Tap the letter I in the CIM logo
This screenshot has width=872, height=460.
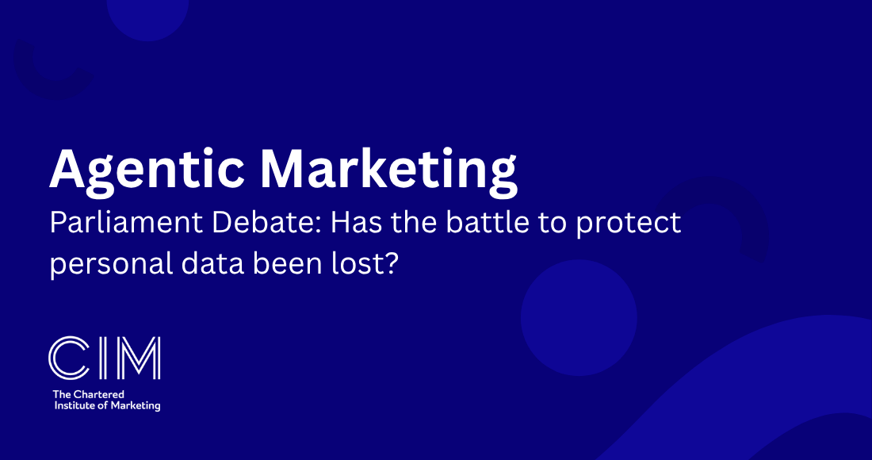click(101, 358)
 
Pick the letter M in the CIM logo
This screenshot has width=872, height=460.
click(136, 358)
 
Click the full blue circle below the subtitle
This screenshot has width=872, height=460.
click(579, 317)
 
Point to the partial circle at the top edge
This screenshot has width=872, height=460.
click(148, 17)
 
